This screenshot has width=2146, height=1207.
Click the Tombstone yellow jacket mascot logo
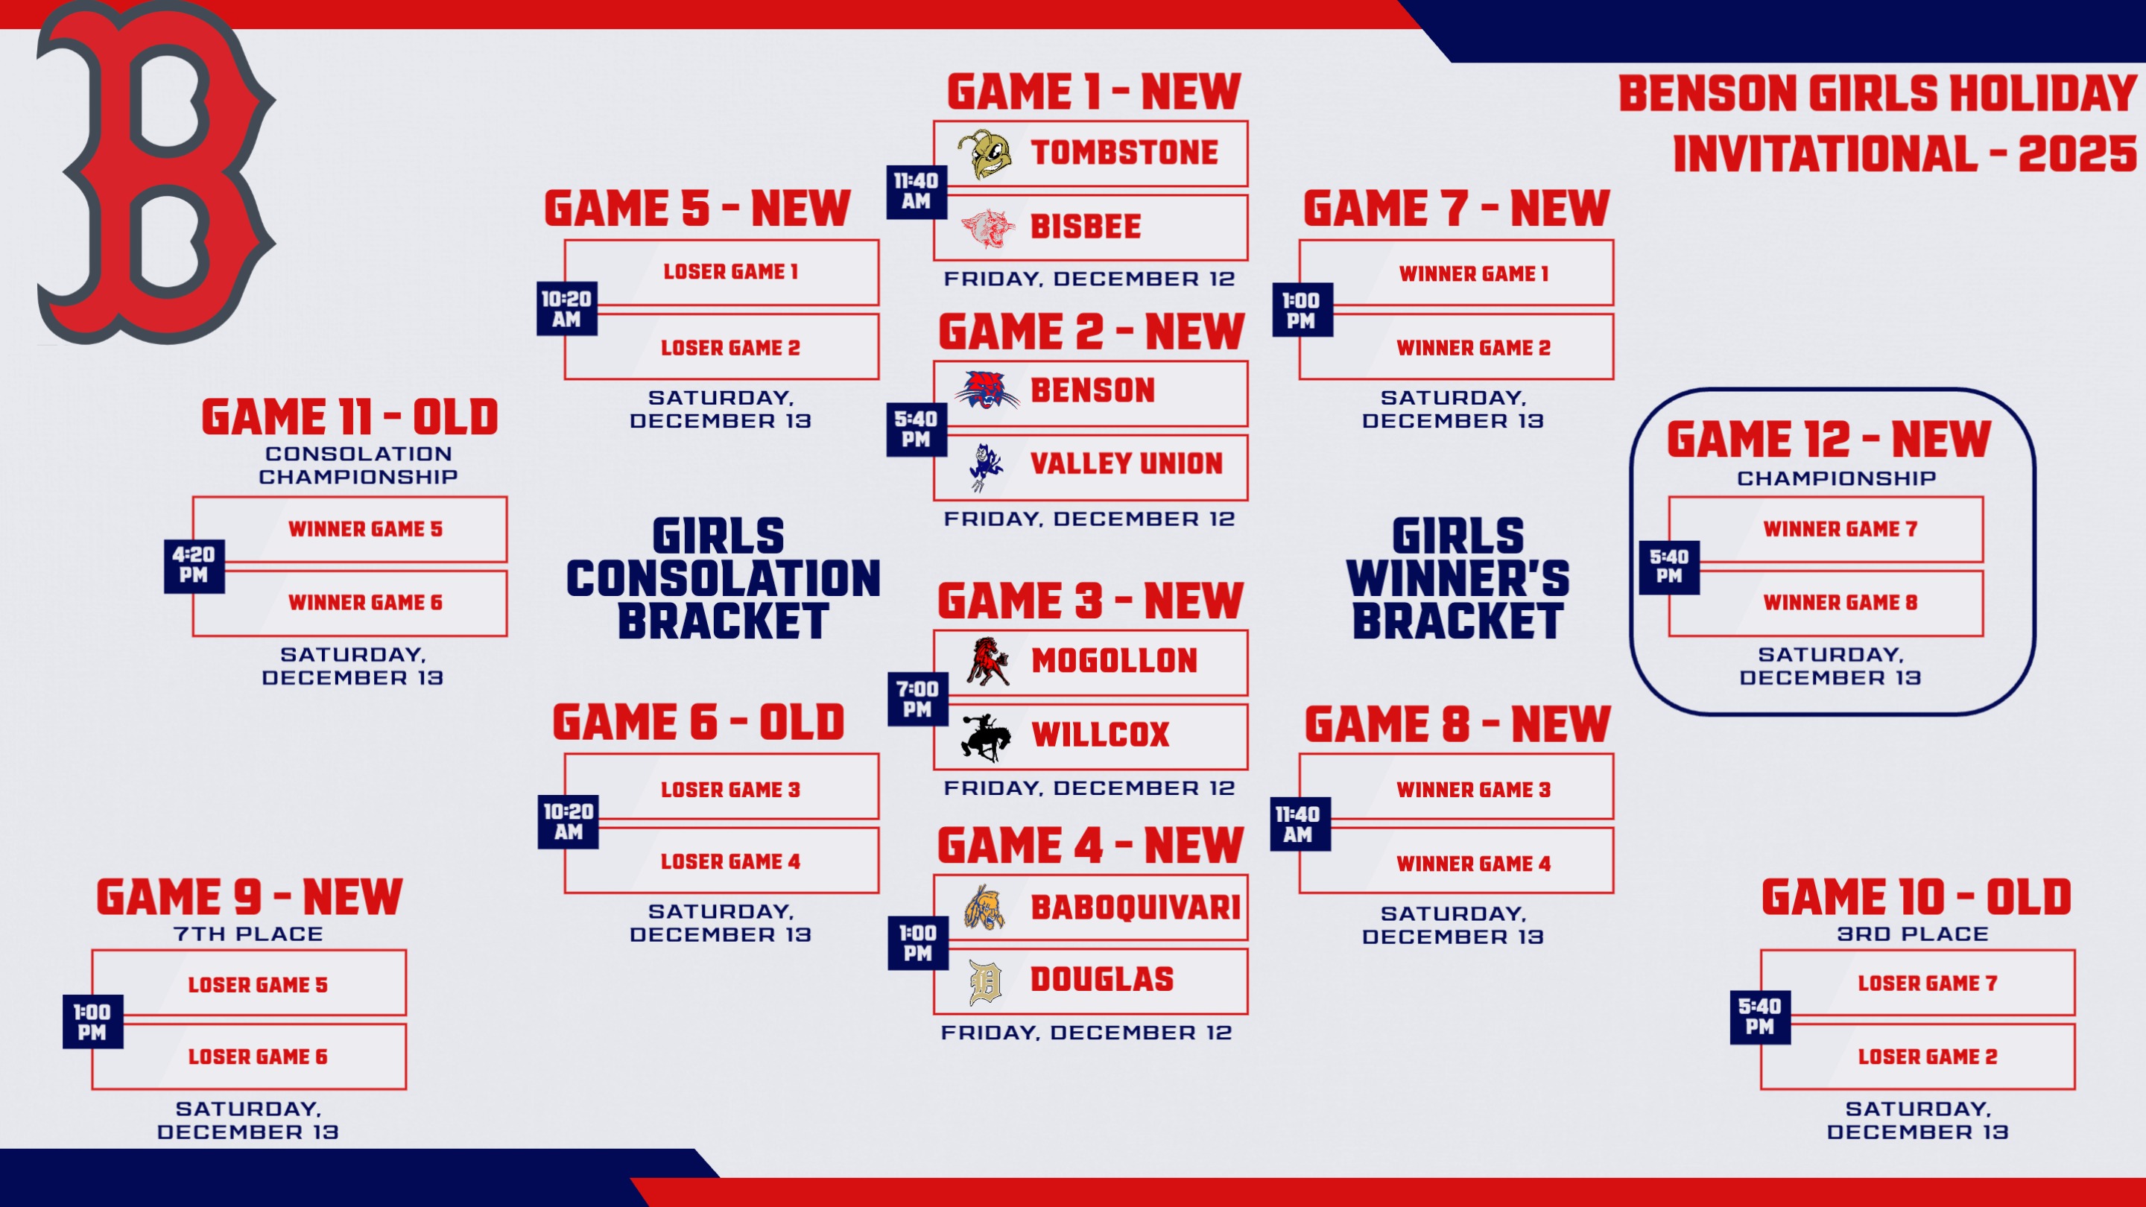[984, 154]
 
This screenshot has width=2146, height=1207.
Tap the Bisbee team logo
[987, 228]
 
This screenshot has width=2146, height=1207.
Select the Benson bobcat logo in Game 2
[987, 390]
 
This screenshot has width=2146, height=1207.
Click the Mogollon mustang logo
[988, 662]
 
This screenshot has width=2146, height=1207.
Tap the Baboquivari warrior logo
[984, 907]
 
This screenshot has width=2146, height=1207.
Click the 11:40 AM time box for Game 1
[917, 191]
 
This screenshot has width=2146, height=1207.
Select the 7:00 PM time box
[917, 699]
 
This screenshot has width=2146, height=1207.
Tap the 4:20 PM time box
[194, 564]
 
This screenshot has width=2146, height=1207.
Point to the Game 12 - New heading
[1829, 440]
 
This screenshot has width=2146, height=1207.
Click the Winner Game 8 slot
[1840, 602]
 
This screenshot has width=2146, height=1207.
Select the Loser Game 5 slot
[257, 984]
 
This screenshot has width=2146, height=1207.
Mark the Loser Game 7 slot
[1928, 983]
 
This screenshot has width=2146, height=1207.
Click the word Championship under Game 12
[1836, 478]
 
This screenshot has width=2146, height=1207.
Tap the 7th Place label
[248, 934]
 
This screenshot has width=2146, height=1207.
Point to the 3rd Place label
[1913, 934]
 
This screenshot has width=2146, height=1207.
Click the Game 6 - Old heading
[698, 722]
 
